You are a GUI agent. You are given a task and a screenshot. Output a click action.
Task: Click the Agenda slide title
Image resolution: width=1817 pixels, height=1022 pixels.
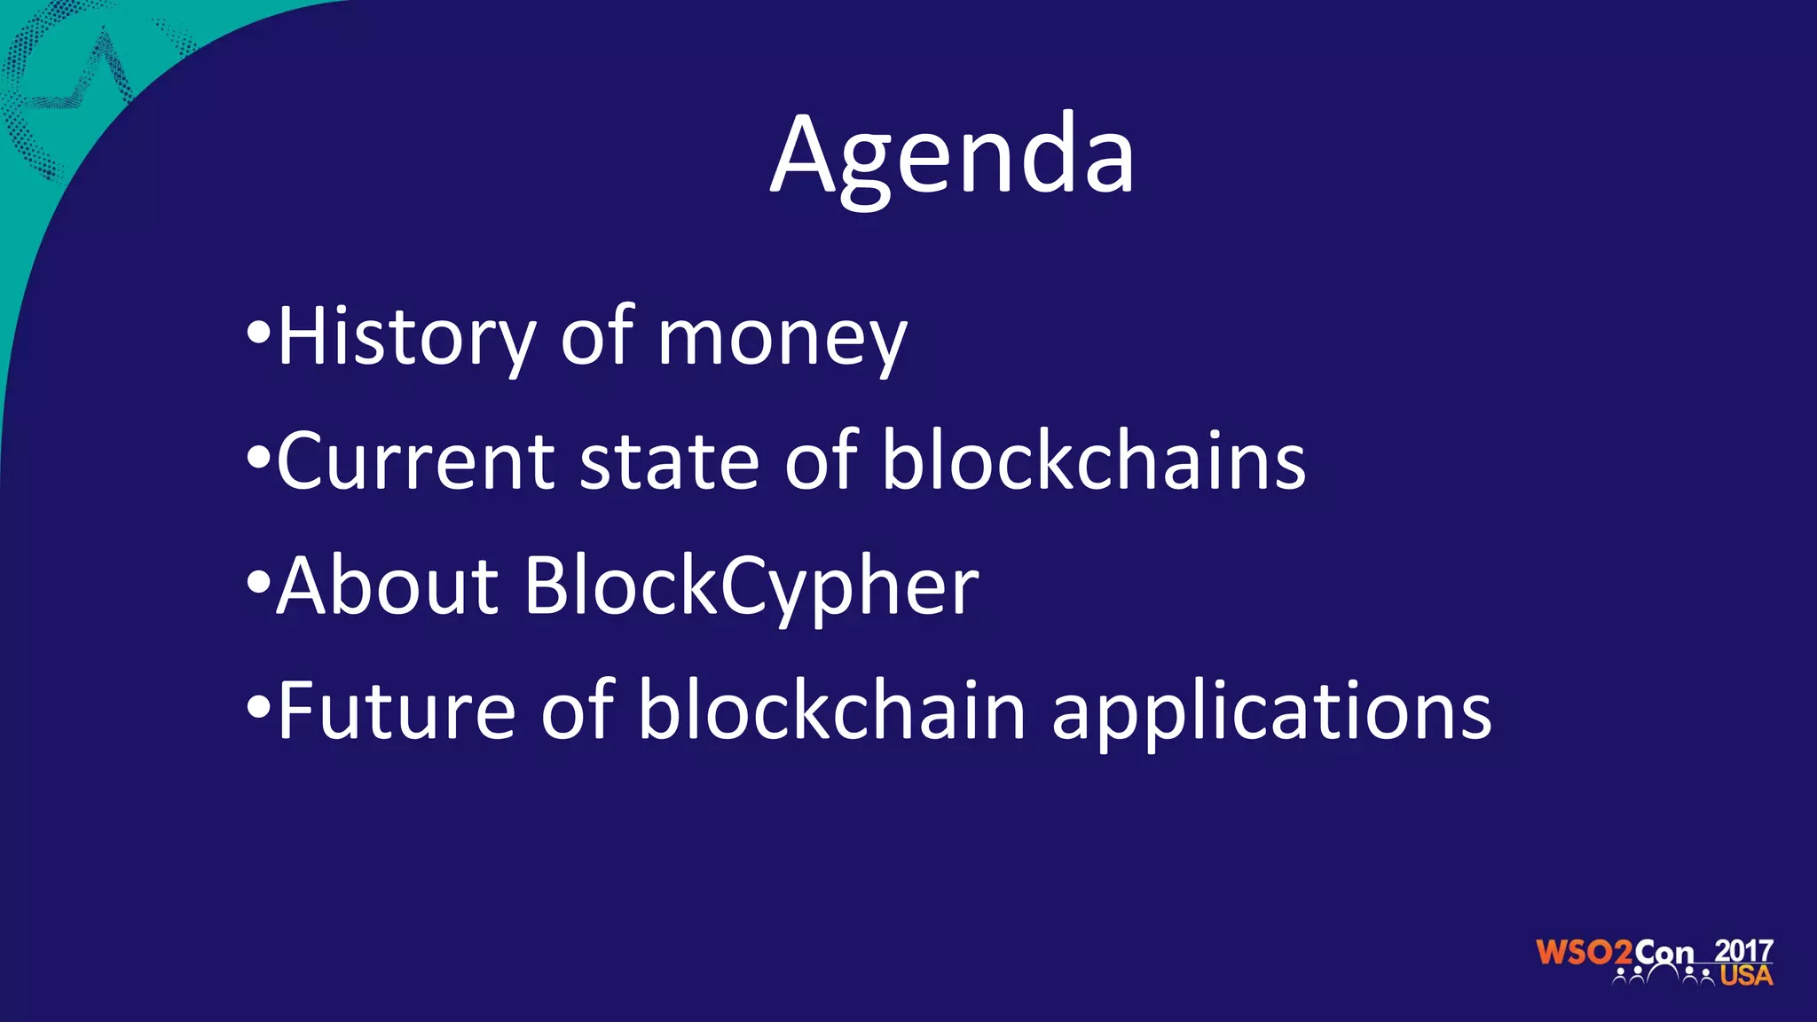[x=952, y=156]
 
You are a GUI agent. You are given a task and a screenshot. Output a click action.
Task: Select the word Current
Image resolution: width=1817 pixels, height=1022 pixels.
[x=415, y=461]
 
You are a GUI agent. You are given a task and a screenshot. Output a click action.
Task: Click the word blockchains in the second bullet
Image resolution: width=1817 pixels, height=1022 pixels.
[x=1093, y=461]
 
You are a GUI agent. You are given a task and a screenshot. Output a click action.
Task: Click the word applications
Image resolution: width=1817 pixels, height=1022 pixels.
[x=1271, y=714]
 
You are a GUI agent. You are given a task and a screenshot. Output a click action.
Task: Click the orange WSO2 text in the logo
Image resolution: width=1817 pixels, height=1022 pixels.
[x=1584, y=954]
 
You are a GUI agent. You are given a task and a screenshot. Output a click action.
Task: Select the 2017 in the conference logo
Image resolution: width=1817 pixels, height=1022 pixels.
[x=1743, y=950]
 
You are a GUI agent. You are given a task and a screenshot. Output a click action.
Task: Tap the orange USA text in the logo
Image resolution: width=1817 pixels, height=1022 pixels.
[x=1746, y=976]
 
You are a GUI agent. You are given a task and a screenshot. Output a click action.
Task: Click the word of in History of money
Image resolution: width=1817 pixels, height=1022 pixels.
[x=596, y=337]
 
